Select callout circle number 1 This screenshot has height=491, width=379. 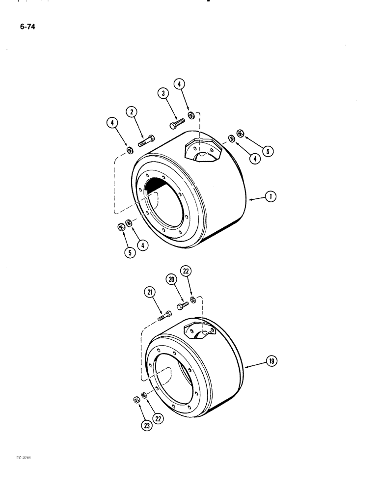click(270, 197)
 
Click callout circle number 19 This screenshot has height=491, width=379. click(271, 361)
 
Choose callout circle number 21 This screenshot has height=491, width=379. click(149, 293)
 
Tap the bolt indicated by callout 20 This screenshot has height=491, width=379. click(182, 306)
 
